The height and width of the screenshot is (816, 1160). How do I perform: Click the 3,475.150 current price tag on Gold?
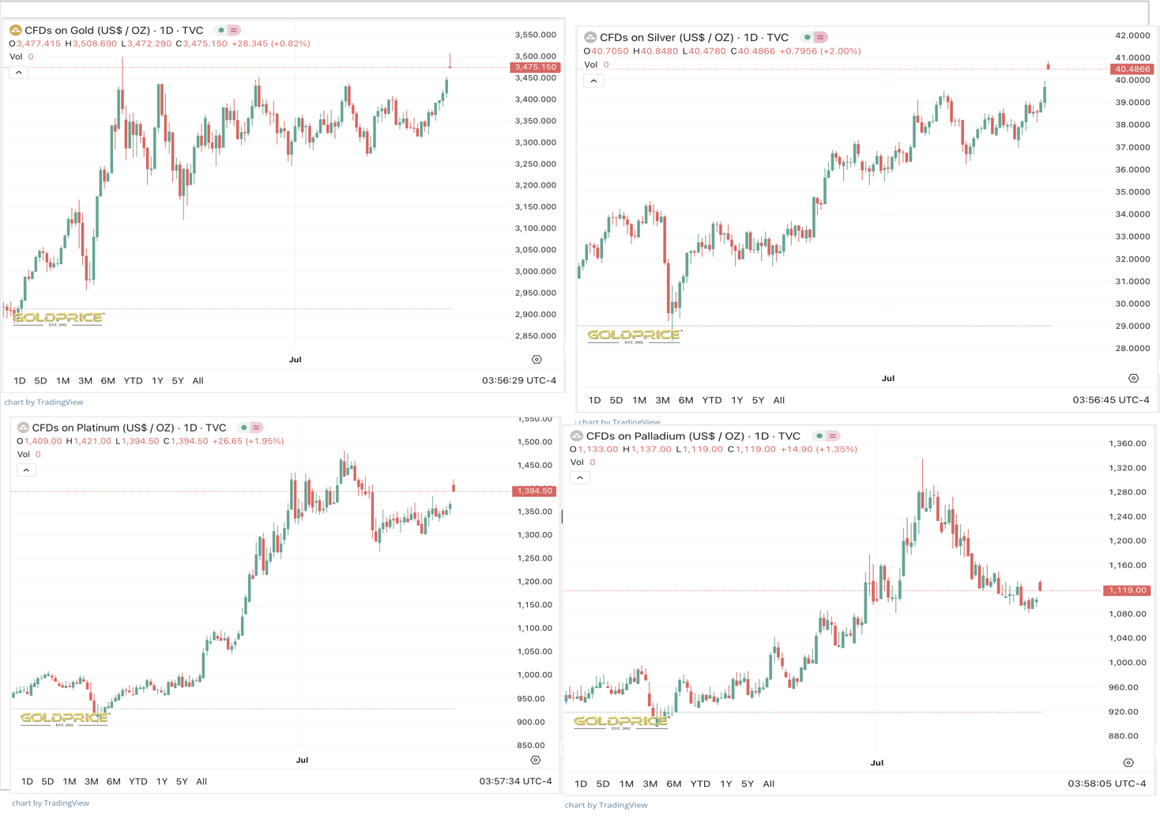[x=535, y=67]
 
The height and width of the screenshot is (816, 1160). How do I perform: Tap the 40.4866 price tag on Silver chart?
[x=1132, y=70]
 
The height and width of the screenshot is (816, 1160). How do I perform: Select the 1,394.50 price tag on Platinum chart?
[x=534, y=491]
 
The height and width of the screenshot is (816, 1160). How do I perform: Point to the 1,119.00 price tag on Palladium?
[x=1126, y=591]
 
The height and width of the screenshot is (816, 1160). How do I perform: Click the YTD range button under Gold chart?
[x=133, y=381]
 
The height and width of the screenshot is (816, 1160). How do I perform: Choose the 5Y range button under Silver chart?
[x=758, y=400]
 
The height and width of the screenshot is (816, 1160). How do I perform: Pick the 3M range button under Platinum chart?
[x=92, y=782]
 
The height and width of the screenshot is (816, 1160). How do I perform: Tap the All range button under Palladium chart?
[x=768, y=784]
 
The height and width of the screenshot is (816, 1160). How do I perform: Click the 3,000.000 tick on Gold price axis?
[x=535, y=271]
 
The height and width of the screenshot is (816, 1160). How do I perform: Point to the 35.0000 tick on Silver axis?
[x=1132, y=192]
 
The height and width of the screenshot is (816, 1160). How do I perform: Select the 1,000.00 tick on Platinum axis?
[x=531, y=675]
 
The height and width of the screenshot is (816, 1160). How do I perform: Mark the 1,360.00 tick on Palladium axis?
[x=1126, y=444]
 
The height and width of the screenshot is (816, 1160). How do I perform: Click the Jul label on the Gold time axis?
[x=295, y=360]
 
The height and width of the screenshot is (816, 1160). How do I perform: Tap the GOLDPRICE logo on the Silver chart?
[x=634, y=335]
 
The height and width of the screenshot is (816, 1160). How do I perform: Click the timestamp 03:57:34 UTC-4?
[x=515, y=781]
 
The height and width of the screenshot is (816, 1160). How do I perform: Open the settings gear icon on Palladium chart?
[x=1128, y=763]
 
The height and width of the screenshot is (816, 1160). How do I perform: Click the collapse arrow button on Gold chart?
[x=19, y=73]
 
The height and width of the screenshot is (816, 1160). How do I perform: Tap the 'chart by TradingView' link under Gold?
[x=43, y=402]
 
